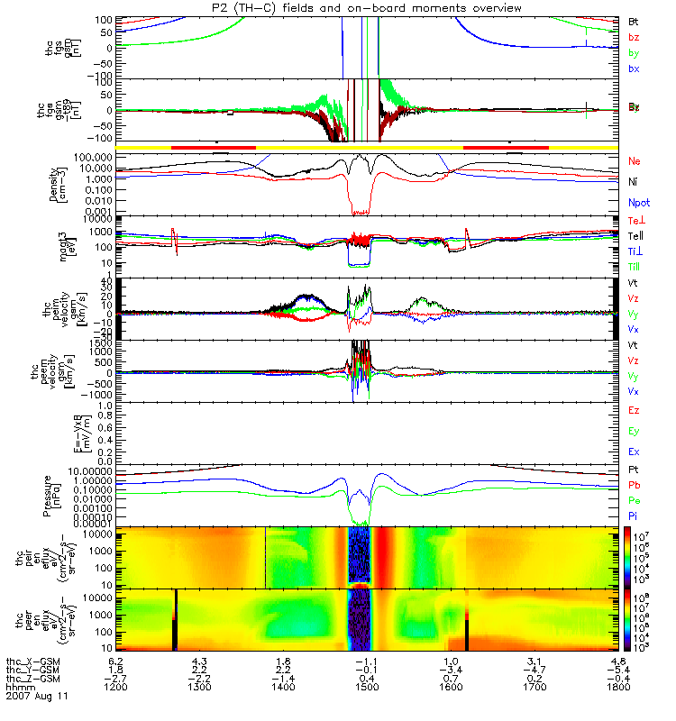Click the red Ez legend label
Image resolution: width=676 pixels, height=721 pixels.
(x=634, y=410)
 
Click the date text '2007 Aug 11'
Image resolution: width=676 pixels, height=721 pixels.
(x=36, y=698)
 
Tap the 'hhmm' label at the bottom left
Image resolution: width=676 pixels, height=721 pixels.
(x=20, y=688)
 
